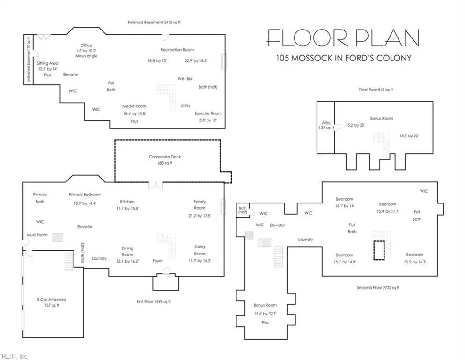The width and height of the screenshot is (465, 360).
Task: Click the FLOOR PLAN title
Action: (x=343, y=38)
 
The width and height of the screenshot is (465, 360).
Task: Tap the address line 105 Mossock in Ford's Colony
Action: (x=344, y=58)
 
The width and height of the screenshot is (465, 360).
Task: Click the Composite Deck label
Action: (x=165, y=157)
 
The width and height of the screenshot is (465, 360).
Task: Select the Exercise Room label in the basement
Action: (x=208, y=113)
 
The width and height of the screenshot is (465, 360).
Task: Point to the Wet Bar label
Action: (x=185, y=79)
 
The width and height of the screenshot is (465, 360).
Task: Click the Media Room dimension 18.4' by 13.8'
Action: (x=134, y=113)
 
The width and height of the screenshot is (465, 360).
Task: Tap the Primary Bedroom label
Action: (x=85, y=195)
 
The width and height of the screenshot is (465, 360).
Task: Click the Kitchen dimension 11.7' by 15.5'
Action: (x=127, y=208)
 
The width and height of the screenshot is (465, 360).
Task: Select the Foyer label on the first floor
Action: (x=158, y=261)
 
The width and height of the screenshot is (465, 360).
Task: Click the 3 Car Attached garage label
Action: (x=52, y=300)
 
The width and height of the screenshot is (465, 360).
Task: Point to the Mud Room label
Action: (x=37, y=235)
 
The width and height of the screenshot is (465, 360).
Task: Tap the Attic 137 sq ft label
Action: (x=326, y=125)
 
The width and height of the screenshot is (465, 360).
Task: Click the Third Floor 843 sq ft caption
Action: (x=376, y=90)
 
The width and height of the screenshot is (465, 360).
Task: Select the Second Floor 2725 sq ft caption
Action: (x=378, y=288)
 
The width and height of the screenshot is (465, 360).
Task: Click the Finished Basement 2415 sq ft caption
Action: (x=154, y=22)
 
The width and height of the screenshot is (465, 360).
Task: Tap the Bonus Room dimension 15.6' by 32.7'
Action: (x=265, y=314)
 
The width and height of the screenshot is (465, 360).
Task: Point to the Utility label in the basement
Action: (x=185, y=105)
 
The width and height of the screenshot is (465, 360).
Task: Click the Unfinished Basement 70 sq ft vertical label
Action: (x=29, y=60)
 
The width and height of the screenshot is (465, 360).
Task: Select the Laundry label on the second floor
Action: (x=305, y=240)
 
